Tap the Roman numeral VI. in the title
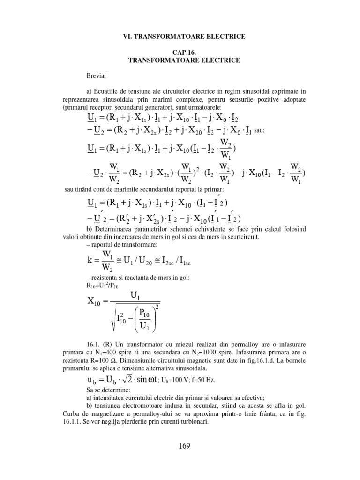(x=131, y=36)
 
